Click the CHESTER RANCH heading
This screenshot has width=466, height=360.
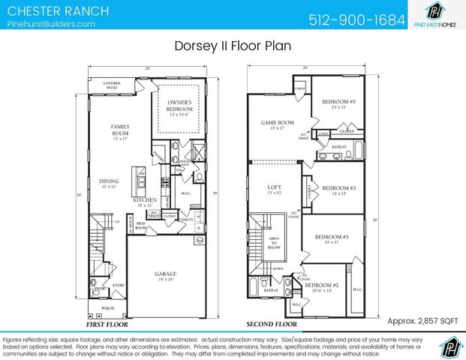tap(58, 11)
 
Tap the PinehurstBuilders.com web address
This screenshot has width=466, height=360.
tap(51, 25)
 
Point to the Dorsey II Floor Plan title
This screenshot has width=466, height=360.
tap(233, 46)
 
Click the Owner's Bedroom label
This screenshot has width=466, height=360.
tap(179, 106)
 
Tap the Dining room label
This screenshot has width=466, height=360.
tap(110, 182)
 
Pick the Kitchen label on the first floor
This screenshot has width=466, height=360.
tap(144, 201)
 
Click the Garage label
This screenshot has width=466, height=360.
tap(165, 274)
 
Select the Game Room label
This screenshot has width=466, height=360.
tap(272, 124)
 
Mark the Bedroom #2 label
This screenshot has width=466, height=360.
tap(322, 286)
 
